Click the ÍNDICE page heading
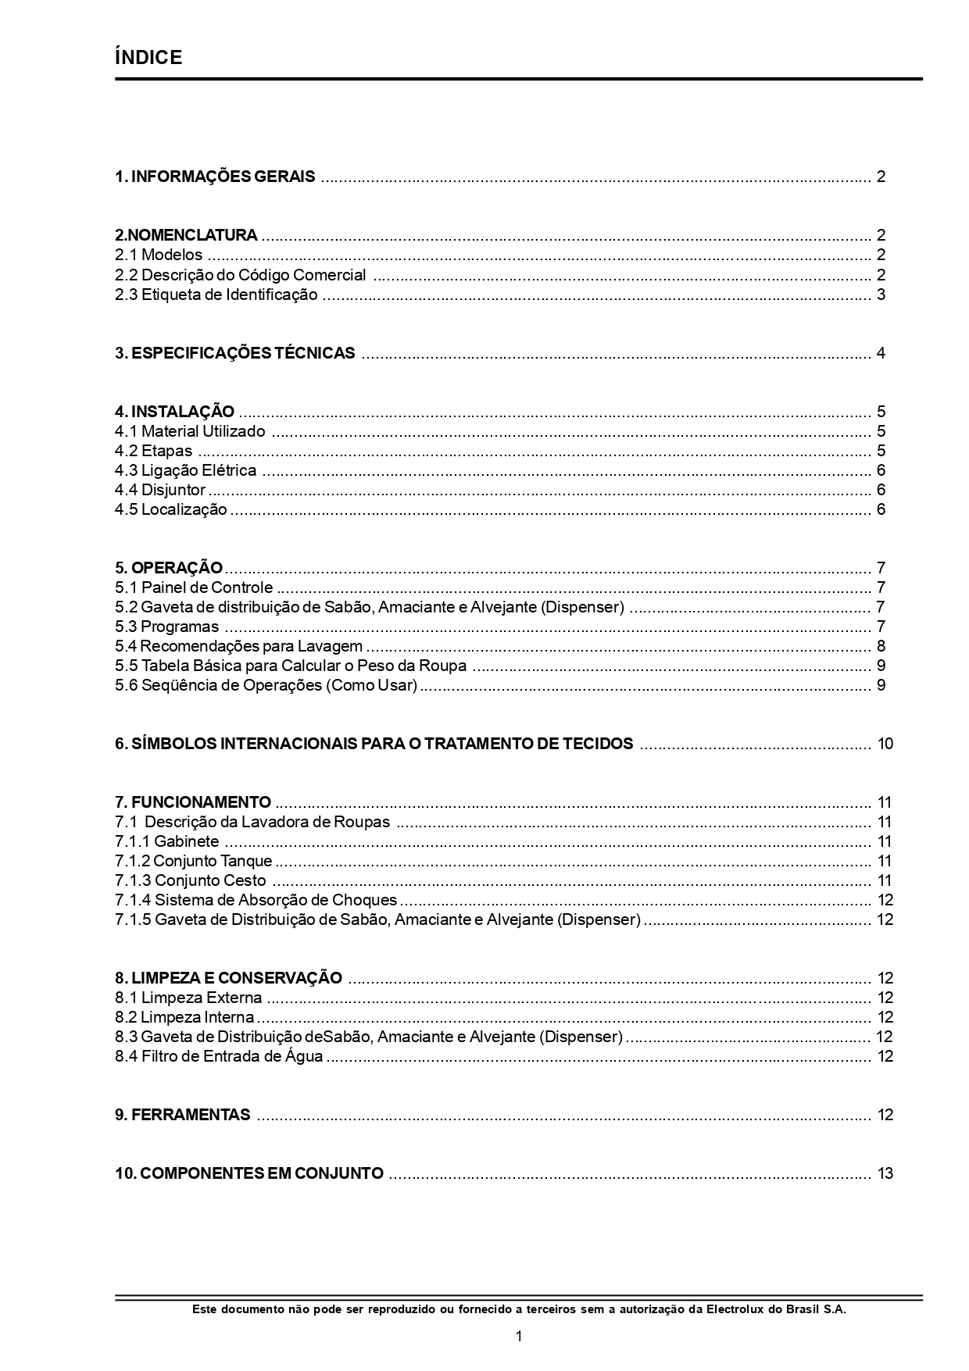pyautogui.click(x=148, y=57)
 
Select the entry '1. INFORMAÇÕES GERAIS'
pyautogui.click(x=215, y=177)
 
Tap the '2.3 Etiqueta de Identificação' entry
pyautogui.click(x=216, y=295)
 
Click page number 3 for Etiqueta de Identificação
pyautogui.click(x=881, y=295)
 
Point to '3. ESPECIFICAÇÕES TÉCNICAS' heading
pyautogui.click(x=234, y=353)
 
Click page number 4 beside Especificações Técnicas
pyautogui.click(x=881, y=353)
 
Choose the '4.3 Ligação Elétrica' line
pyautogui.click(x=186, y=470)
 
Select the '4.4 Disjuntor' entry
pyautogui.click(x=160, y=490)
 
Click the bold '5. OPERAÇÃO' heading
pyautogui.click(x=169, y=568)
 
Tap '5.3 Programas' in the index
pyautogui.click(x=167, y=627)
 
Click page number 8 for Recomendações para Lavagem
pyautogui.click(x=881, y=646)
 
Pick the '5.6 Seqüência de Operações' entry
pyautogui.click(x=266, y=685)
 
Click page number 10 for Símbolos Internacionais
pyautogui.click(x=885, y=744)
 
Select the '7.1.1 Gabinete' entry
pyautogui.click(x=167, y=841)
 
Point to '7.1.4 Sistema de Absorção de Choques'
pyautogui.click(x=256, y=900)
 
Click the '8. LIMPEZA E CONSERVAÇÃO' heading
pyautogui.click(x=228, y=978)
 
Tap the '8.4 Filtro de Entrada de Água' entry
pyautogui.click(x=219, y=1056)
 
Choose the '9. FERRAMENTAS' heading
pyautogui.click(x=183, y=1115)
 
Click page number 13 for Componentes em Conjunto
pyautogui.click(x=885, y=1173)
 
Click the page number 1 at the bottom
pyautogui.click(x=519, y=1337)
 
